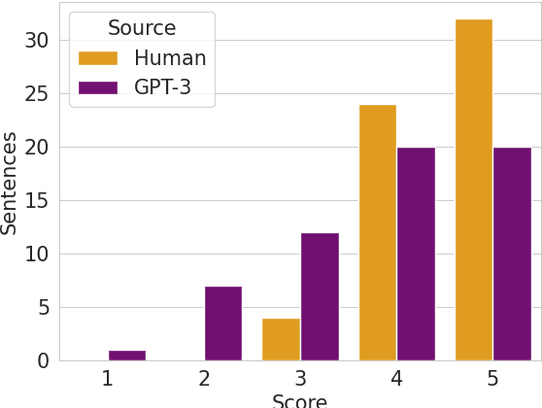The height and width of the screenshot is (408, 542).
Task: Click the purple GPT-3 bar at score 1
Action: [x=126, y=355]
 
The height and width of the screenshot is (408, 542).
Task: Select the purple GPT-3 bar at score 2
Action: [x=222, y=323]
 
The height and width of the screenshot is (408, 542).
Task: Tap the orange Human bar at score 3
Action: [x=281, y=339]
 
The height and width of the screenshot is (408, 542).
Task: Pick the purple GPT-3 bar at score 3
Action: [x=320, y=296]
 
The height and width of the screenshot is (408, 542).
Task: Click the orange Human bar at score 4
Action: [x=377, y=232]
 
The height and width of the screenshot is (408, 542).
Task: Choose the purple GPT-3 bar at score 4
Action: [x=416, y=254]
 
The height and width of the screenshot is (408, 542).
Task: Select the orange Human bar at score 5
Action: [x=473, y=189]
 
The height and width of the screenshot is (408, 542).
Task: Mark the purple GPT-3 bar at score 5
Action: [x=512, y=254]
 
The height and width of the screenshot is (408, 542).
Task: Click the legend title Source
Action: [x=142, y=28]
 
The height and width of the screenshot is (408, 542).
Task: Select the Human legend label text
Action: [x=170, y=58]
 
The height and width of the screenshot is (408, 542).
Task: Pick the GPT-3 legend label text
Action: [x=162, y=87]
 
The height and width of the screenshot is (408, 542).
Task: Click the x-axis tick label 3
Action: [x=300, y=379]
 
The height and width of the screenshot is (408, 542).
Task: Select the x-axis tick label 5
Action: [x=492, y=379]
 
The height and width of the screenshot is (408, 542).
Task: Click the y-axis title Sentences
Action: [x=11, y=183]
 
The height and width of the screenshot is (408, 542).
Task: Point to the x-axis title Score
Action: [x=299, y=400]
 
